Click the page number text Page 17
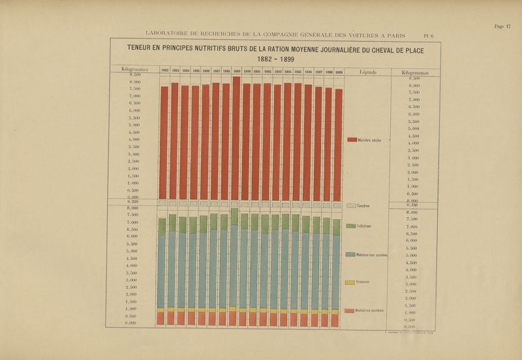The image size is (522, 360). [x=502, y=26]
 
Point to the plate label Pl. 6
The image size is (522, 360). [x=429, y=36]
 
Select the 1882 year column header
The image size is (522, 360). [x=164, y=70]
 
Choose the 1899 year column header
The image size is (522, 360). [x=339, y=71]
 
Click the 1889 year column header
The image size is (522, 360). [x=236, y=70]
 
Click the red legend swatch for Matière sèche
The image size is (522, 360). [x=352, y=140]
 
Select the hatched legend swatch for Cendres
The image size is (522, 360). [x=351, y=206]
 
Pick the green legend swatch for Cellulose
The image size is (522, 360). [x=351, y=226]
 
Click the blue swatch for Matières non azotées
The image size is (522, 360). [x=350, y=254]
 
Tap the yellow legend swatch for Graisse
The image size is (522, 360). [x=350, y=282]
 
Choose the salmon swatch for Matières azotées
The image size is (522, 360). [x=350, y=310]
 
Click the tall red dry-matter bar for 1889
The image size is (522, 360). [x=236, y=137]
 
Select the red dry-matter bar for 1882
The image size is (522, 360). [x=164, y=143]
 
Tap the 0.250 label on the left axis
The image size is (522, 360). [x=133, y=202]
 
